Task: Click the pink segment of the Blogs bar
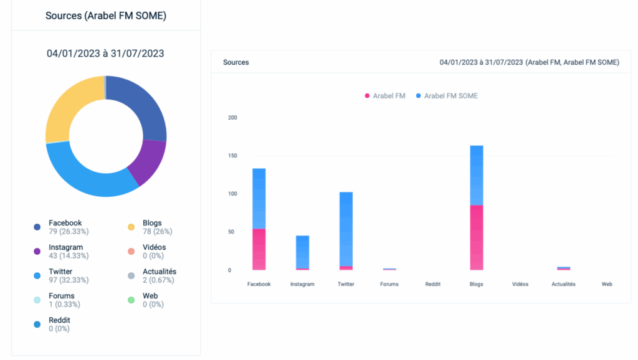477,237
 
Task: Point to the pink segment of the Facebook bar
259,249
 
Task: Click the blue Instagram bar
302,252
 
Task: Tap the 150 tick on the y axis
233,156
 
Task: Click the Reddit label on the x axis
432,284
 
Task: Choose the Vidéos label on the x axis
520,284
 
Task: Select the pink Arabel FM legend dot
367,96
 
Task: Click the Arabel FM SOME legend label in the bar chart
451,96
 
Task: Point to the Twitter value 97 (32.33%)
69,280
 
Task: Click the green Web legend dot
131,300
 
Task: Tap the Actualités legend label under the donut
159,272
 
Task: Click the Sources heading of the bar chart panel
236,62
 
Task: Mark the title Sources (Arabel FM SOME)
106,16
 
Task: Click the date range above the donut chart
105,54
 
